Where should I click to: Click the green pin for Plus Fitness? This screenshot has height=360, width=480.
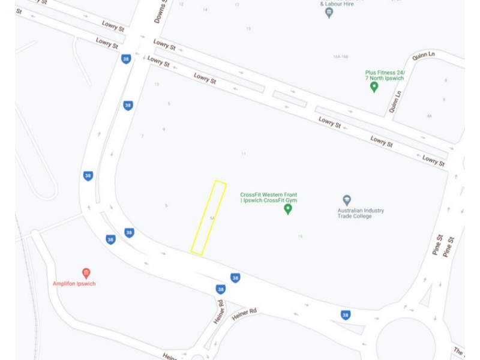(x=374, y=86)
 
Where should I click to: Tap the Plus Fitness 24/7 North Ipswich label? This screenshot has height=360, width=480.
(x=385, y=76)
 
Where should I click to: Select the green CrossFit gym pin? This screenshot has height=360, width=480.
(x=287, y=209)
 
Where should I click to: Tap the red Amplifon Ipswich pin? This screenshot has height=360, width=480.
(x=86, y=274)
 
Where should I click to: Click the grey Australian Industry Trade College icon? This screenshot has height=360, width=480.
(x=346, y=200)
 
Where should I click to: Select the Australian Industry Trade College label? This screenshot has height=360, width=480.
(x=361, y=214)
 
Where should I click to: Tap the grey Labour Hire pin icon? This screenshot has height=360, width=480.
(x=329, y=13)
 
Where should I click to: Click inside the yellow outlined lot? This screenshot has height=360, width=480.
(x=209, y=217)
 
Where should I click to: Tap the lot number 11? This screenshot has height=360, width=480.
(x=244, y=154)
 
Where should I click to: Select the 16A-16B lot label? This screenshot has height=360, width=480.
(x=340, y=57)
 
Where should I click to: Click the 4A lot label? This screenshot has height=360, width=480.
(x=429, y=116)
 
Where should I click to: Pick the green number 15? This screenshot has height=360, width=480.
(x=300, y=236)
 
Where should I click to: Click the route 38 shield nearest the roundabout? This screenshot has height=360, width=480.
(x=345, y=314)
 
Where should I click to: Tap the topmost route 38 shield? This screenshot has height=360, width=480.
(x=125, y=59)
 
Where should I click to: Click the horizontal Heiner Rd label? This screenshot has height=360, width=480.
(x=244, y=311)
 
